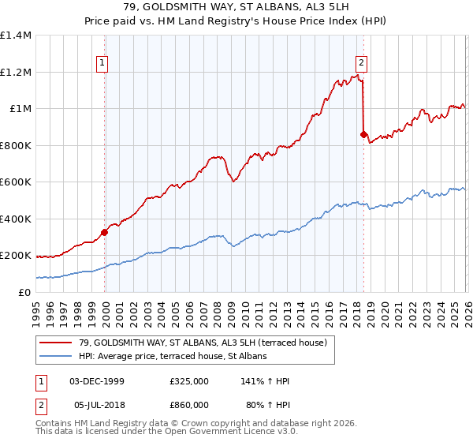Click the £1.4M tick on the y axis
[x=16, y=36]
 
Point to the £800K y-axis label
[x=16, y=145]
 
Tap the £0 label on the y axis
[x=24, y=292]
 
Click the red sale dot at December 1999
[x=105, y=232]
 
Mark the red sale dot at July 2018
[x=363, y=135]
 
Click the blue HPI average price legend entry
[x=173, y=356]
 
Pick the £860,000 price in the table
[x=189, y=403]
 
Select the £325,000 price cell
[x=189, y=381]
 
